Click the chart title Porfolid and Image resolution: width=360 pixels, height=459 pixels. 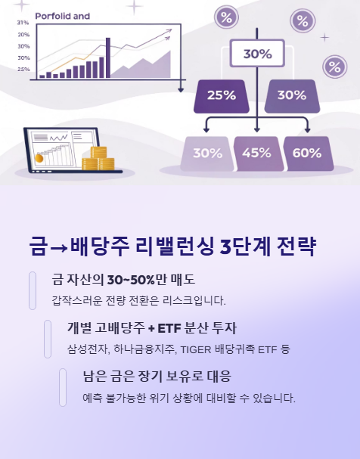pos(62,15)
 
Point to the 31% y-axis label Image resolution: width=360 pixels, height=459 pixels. pos(23,23)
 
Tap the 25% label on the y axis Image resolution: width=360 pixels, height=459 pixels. pos(23,69)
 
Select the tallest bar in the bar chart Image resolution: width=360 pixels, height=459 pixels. pos(107,57)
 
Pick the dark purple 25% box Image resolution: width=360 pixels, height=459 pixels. pos(221,95)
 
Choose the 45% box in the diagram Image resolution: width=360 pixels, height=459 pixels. pos(256,153)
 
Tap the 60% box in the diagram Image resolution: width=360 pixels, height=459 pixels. pos(306,153)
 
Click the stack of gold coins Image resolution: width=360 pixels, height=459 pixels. pos(98,159)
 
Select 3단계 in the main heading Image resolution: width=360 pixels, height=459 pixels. pos(240,247)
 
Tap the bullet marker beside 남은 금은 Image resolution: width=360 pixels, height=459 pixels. pos(63,387)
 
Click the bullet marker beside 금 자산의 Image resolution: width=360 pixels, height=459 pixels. pos(32,290)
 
